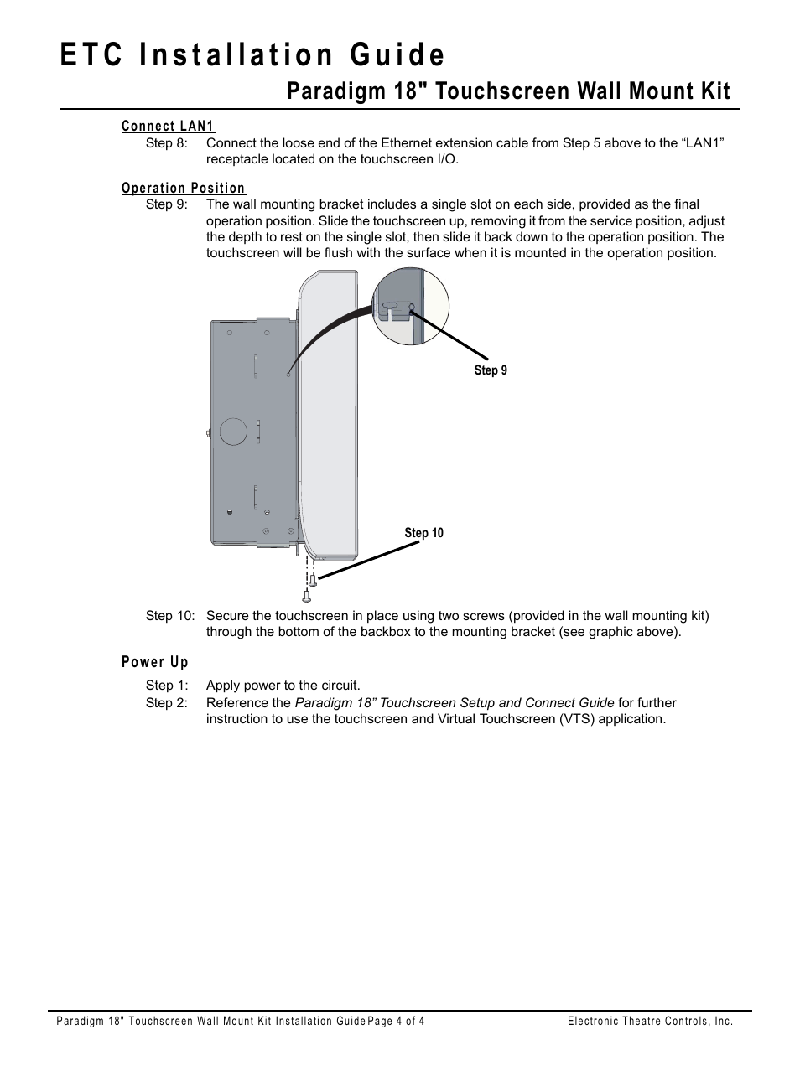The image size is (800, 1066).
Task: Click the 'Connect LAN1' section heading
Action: click(x=168, y=127)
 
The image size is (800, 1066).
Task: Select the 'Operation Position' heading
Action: click(x=184, y=189)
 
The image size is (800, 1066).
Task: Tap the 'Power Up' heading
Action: click(x=155, y=662)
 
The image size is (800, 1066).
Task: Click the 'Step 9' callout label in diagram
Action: click(x=491, y=370)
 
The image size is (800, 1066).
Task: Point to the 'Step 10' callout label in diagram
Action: click(x=423, y=533)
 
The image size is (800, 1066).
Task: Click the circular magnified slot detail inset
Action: click(x=410, y=307)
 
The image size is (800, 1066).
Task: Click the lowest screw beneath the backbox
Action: click(x=307, y=596)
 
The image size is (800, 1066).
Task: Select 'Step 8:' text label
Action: click(x=167, y=143)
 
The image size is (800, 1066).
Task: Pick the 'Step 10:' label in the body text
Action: click(x=170, y=616)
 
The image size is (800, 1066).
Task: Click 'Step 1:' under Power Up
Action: click(x=167, y=686)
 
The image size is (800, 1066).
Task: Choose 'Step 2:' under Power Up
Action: click(x=167, y=703)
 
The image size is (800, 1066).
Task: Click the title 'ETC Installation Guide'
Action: click(x=252, y=54)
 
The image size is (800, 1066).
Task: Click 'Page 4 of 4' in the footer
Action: click(x=396, y=1022)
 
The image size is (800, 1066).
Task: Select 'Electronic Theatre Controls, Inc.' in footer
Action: click(x=650, y=1022)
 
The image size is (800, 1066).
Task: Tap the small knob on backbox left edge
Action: click(x=206, y=433)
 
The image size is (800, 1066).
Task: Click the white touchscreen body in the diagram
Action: click(x=330, y=419)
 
